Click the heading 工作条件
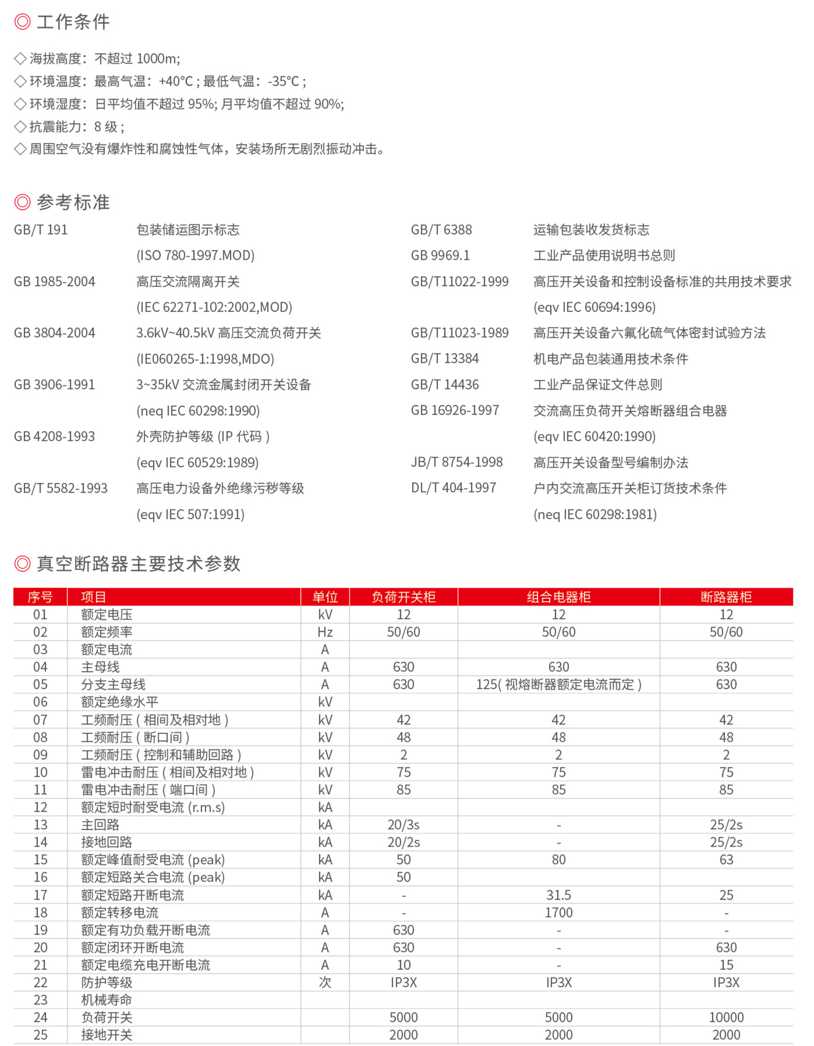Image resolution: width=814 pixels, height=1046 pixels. [x=73, y=22]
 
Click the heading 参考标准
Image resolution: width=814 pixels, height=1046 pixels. [x=73, y=203]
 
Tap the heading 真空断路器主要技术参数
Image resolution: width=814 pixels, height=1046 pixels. [x=138, y=564]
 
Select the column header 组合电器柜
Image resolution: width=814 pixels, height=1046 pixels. [x=558, y=597]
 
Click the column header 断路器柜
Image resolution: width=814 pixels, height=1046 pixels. [x=726, y=597]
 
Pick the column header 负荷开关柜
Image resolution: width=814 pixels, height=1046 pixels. [x=403, y=597]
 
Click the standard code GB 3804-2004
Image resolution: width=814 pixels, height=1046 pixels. [x=55, y=333]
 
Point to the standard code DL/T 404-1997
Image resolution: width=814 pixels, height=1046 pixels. [x=454, y=488]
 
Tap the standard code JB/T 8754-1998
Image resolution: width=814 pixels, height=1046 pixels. [x=457, y=462]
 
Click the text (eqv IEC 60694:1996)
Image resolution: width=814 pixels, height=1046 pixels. [x=594, y=308]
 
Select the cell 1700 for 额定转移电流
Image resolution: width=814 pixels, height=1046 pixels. [x=558, y=913]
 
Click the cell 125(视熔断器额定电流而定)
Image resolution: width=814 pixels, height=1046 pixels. [x=558, y=685]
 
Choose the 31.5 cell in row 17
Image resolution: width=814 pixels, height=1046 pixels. [x=558, y=895]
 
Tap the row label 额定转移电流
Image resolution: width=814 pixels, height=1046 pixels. [x=120, y=913]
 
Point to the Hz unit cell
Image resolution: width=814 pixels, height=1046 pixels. [x=325, y=632]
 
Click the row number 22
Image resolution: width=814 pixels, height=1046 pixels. [x=40, y=983]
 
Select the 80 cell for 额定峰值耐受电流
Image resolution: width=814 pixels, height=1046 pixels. [x=558, y=860]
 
